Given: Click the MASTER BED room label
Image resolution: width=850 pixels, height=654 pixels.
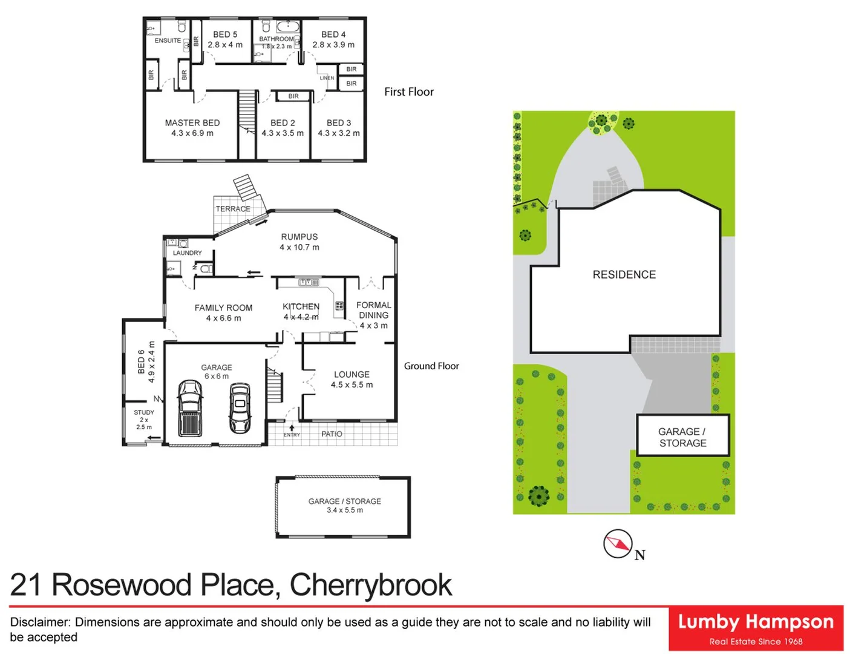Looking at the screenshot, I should pos(192,123).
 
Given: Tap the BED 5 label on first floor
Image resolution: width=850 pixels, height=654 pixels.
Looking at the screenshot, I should pos(225,35).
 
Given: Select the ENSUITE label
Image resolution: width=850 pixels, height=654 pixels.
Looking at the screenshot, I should pos(168,41).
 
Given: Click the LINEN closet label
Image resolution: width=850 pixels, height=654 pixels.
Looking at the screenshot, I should pos(327,78).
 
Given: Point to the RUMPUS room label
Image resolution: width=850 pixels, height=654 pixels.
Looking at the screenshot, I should pos(299,237).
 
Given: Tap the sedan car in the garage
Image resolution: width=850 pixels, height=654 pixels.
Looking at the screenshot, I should pos(240,408).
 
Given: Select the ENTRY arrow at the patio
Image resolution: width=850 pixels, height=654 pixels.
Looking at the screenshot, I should pos(292,428).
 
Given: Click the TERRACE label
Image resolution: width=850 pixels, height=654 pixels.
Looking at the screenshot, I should pos(233,209).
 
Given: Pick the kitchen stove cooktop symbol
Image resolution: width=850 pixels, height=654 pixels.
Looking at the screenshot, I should pos(339,306).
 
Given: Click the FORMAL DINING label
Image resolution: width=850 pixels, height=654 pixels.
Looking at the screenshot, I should pos(373,310).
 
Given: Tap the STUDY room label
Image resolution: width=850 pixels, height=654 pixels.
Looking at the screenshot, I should pos(144,412).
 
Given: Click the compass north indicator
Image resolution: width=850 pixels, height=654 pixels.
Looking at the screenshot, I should pos(618,543).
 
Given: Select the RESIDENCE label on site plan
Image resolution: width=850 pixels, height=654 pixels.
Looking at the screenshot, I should pos(624,275).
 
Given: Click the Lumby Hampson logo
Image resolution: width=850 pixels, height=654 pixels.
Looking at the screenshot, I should pos(756,628).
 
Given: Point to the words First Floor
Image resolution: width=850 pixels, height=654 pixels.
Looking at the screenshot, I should pos(409,92).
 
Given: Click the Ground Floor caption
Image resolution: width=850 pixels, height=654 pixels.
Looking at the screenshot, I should pos(431,366).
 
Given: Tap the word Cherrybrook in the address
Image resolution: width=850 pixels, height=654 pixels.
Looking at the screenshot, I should pos(370,585).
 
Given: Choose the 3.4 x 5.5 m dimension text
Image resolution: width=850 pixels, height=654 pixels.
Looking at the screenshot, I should pos(345,510).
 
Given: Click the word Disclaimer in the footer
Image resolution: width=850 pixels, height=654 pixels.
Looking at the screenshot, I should pos(40,623).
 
